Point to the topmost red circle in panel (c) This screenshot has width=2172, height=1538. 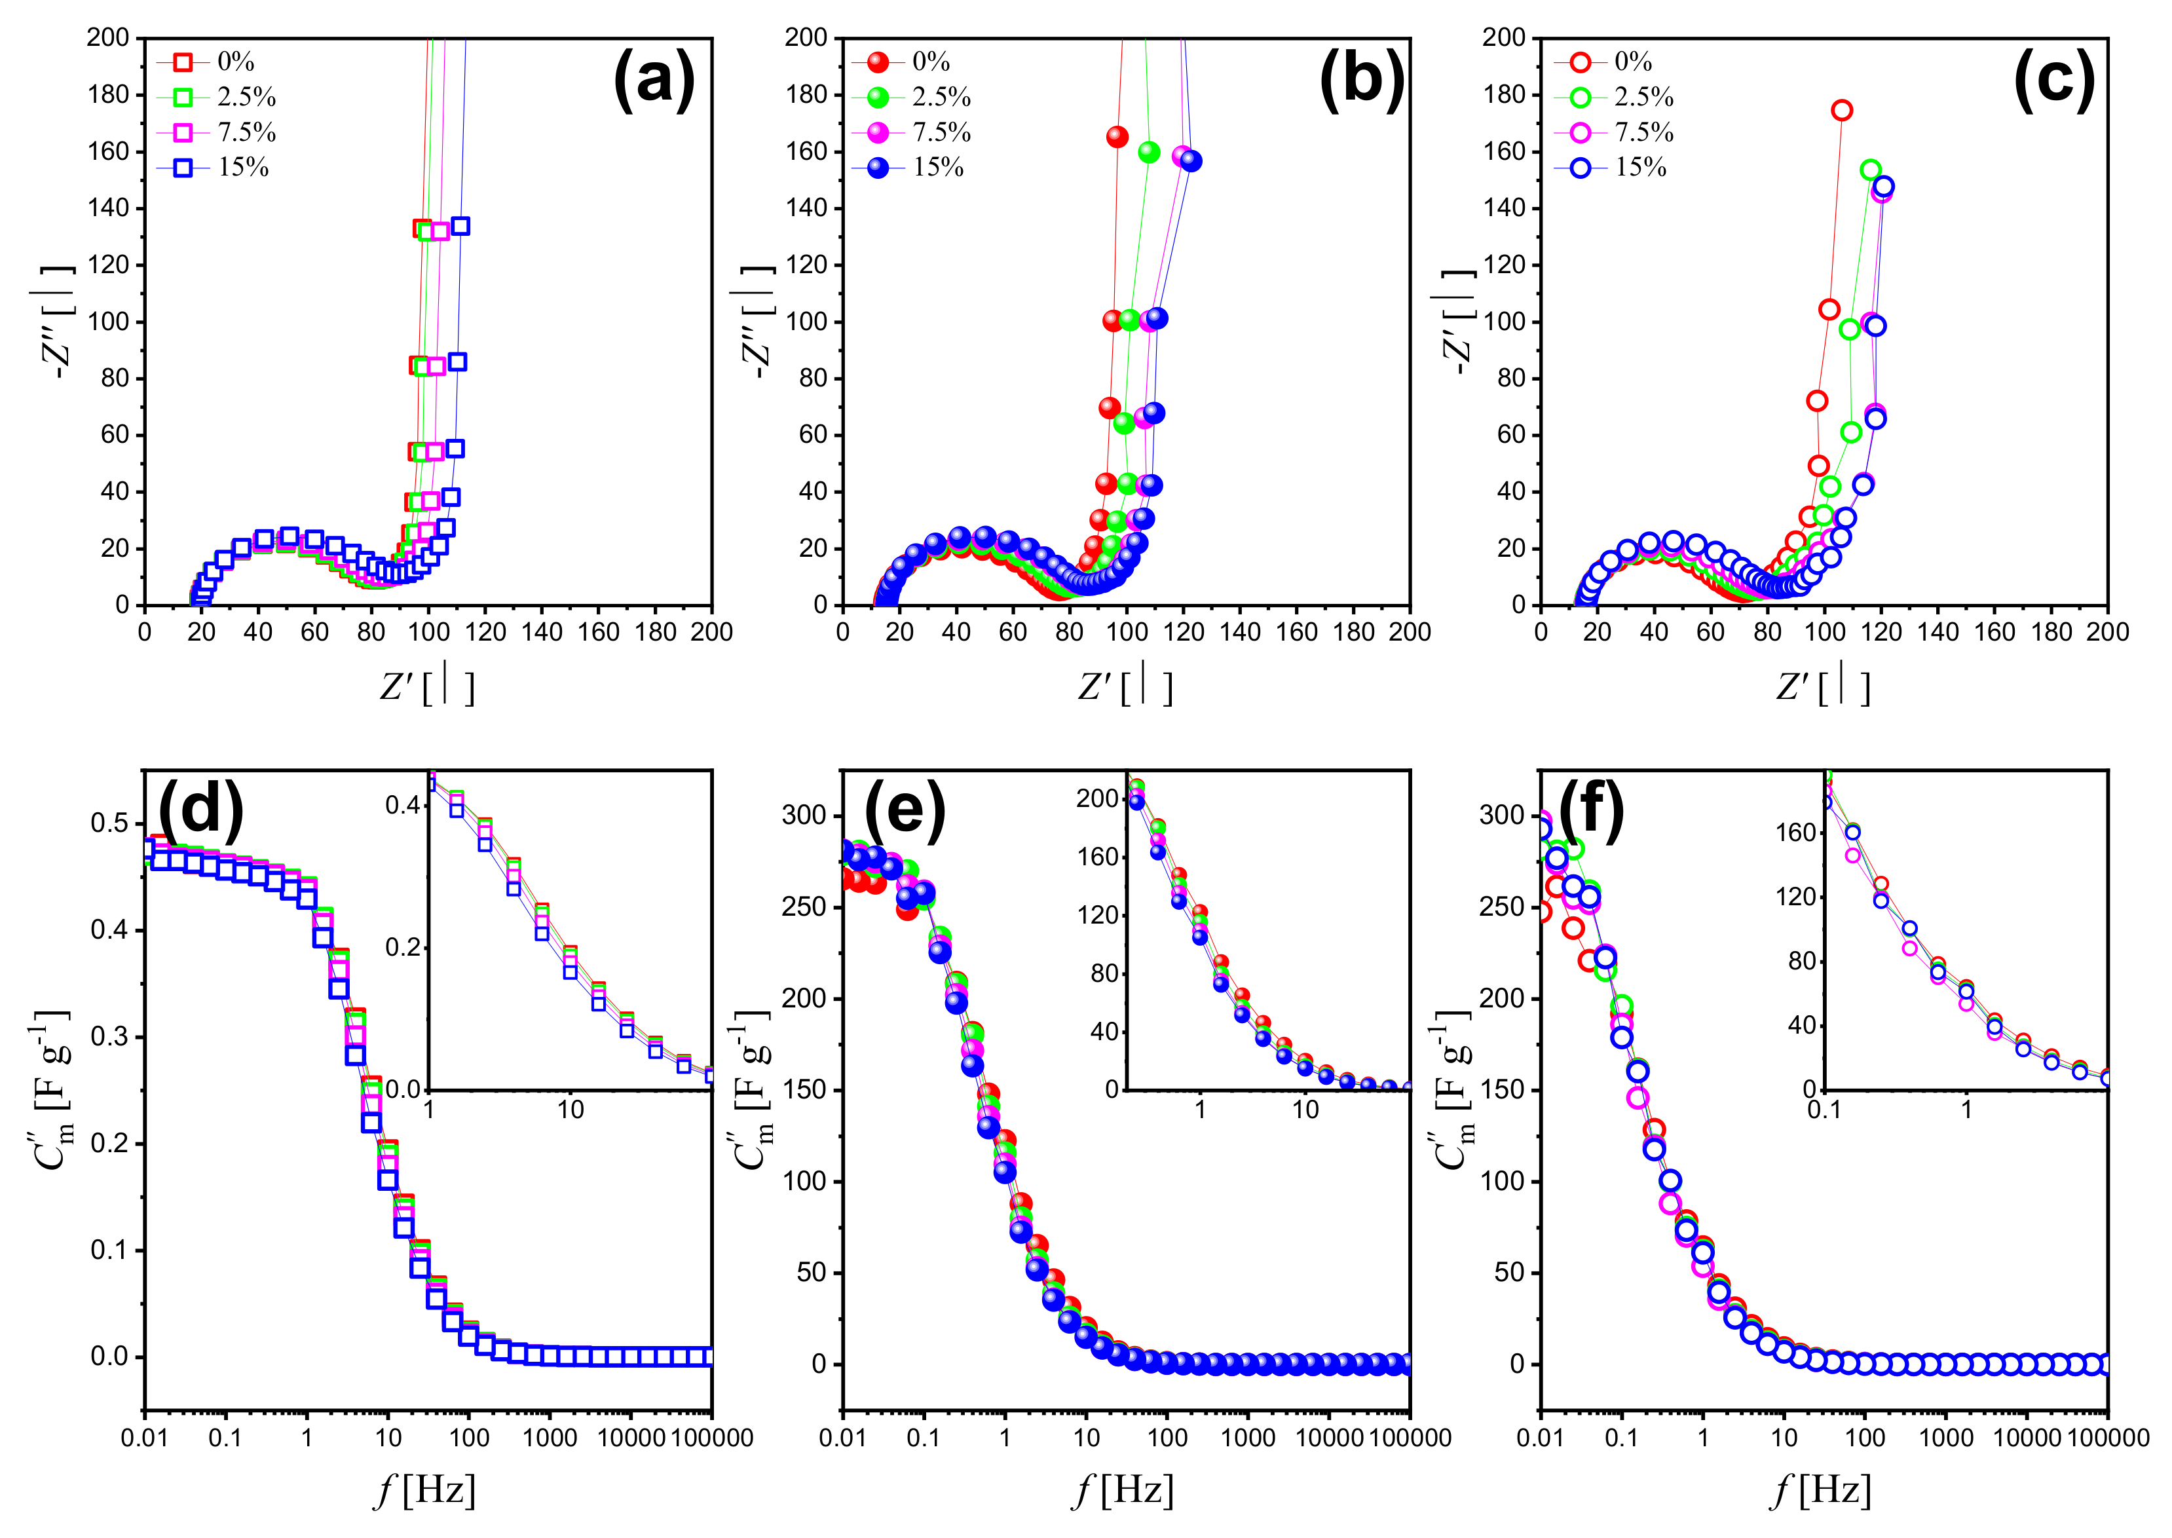1841,111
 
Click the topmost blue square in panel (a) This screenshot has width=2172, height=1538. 461,225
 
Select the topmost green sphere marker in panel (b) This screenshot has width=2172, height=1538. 1148,151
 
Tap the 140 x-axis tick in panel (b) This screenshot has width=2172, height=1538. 1241,631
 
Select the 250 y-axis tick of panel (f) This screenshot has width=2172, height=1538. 1503,907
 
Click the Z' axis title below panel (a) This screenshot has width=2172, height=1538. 426,686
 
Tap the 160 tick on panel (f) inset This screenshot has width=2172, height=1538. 1795,833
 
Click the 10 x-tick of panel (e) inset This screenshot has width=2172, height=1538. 1305,1110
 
